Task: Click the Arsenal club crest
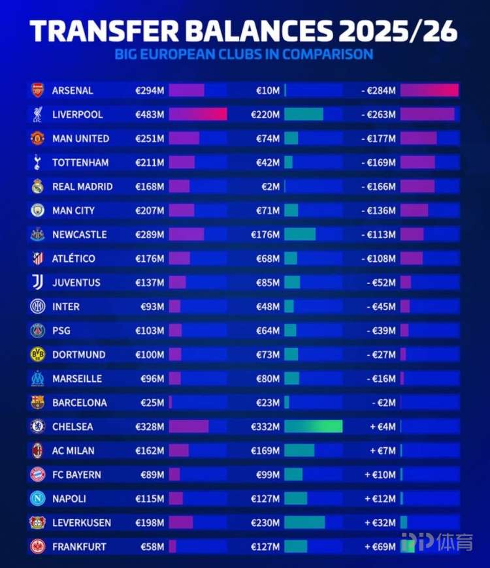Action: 37,90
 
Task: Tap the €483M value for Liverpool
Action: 150,114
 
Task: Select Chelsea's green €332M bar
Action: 313,426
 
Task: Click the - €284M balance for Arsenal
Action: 379,90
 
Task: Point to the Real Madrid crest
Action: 37,186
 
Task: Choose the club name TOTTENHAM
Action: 80,163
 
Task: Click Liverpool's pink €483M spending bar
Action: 198,114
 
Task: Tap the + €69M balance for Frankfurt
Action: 380,546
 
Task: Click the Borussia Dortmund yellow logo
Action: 37,355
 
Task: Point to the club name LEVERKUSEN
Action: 82,522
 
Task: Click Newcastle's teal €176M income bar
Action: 300,234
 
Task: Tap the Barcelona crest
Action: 37,402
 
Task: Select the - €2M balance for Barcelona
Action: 384,402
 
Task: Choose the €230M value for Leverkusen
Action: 265,522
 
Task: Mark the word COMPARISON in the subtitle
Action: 329,54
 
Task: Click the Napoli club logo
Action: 37,498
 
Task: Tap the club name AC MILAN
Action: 73,450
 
